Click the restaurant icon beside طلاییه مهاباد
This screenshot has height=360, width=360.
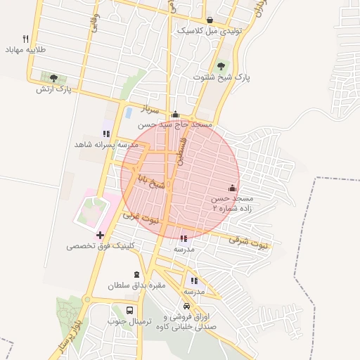pos(26,39)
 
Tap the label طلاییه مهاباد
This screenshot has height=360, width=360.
pos(26,50)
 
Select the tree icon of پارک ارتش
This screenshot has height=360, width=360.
pos(53,77)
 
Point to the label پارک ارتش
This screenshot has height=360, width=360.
pos(54,89)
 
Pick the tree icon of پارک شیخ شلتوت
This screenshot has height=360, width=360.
pos(221,66)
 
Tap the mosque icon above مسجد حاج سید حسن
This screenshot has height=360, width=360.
pos(176,115)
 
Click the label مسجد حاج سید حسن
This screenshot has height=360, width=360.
pos(176,124)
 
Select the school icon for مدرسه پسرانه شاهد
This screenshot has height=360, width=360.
pos(106,133)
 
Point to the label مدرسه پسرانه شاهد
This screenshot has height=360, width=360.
pos(105,143)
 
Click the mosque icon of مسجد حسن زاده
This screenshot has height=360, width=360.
pos(232,188)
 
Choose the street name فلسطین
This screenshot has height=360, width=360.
pos(182,152)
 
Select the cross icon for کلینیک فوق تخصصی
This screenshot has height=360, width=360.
pos(100,235)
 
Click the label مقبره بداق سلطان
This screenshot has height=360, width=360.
pos(136,286)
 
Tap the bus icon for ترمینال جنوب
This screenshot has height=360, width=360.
pos(130,310)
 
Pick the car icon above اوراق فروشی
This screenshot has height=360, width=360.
pos(186,306)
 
